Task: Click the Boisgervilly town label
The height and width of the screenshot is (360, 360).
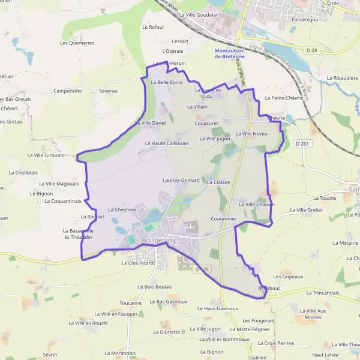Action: [159, 241]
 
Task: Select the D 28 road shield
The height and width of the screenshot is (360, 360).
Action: [311, 50]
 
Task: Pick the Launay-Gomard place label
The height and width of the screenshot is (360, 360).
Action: [181, 180]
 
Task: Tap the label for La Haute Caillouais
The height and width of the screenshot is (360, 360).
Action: [167, 143]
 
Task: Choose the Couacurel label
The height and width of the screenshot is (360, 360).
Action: [206, 123]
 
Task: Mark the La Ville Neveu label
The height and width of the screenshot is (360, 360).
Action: [251, 133]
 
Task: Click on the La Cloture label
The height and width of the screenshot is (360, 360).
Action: [219, 181]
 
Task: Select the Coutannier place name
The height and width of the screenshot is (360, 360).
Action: [224, 219]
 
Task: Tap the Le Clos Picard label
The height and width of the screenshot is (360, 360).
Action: [137, 263]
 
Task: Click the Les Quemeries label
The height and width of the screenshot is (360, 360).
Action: [77, 43]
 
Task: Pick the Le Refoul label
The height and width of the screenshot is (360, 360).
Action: [153, 27]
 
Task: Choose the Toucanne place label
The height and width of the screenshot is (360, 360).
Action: [131, 303]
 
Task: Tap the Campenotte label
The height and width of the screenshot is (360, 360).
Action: [68, 91]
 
